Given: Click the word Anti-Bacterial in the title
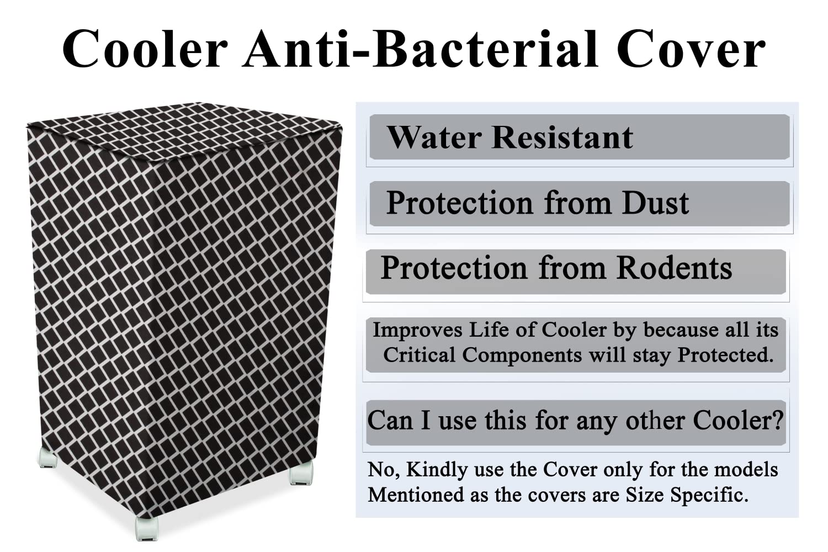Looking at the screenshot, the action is pyautogui.click(x=420, y=50).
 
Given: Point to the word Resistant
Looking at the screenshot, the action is pyautogui.click(x=562, y=137).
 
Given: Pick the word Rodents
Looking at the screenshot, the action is pyautogui.click(x=674, y=268).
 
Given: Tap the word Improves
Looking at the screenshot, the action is pyautogui.click(x=417, y=330).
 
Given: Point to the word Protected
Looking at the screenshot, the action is pyautogui.click(x=725, y=355).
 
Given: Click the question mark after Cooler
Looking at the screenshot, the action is pyautogui.click(x=777, y=421).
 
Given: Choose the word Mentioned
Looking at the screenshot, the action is pyautogui.click(x=416, y=495).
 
